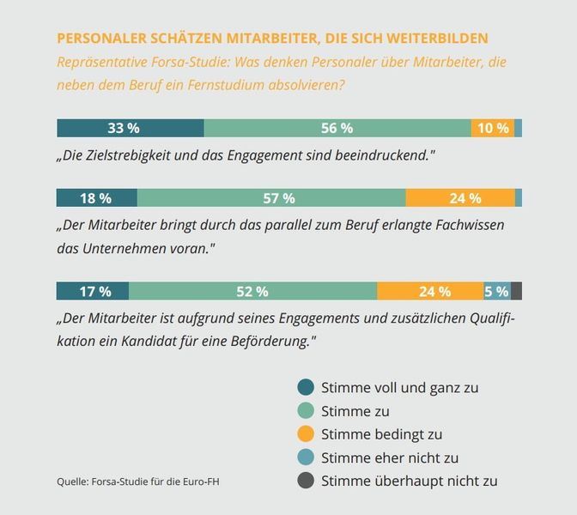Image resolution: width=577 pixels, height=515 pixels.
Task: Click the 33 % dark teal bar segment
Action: click(x=130, y=128)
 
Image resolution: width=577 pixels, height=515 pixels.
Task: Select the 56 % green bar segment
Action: click(x=337, y=128)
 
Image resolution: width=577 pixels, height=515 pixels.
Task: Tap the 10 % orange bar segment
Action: click(x=492, y=128)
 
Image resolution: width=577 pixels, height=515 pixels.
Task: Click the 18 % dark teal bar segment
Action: click(x=96, y=197)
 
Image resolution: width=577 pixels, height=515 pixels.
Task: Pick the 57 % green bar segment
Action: click(x=271, y=197)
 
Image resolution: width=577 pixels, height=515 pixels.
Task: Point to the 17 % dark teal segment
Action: click(x=93, y=291)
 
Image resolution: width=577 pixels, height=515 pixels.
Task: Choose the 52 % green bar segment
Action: click(x=252, y=291)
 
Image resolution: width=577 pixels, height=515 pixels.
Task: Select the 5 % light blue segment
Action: click(x=496, y=291)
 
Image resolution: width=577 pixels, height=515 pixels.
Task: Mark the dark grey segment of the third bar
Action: click(x=516, y=291)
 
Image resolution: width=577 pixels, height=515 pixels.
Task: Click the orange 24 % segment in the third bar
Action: click(x=430, y=291)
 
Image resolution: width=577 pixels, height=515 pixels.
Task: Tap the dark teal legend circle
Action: click(x=305, y=387)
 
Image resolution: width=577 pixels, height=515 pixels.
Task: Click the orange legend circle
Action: click(x=305, y=434)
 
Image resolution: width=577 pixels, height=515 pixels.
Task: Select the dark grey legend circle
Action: click(x=305, y=482)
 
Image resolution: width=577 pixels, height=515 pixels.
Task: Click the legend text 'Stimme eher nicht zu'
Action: click(x=390, y=457)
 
